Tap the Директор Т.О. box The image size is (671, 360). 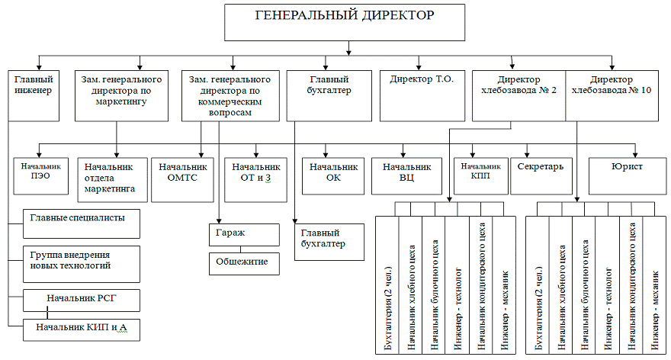(x=416, y=95)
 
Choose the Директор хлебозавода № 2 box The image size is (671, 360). (x=518, y=95)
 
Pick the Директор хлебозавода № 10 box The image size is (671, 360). (x=612, y=95)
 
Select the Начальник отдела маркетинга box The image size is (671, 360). (x=110, y=176)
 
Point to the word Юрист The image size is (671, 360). (x=627, y=166)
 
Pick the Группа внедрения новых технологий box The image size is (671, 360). (x=80, y=260)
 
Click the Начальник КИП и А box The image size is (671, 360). (x=80, y=328)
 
